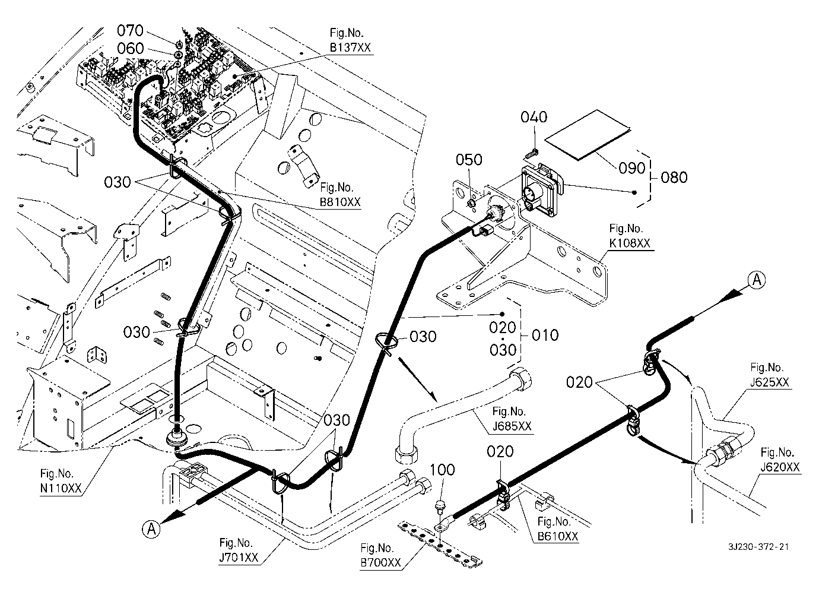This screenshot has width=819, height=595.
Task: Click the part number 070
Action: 130,29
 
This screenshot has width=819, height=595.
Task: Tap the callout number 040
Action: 534,117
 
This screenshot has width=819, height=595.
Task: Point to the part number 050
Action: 469,160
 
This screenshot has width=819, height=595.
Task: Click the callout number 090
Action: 632,168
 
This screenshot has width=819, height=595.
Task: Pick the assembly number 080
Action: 674,177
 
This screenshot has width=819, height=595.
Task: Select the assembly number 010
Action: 545,335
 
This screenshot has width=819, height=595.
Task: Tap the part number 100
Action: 443,470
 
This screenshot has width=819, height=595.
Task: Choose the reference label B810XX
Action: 339,202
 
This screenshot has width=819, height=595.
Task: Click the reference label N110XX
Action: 57,488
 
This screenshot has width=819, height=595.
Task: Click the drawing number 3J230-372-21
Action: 761,547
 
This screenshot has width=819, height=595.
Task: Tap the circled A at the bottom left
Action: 151,528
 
